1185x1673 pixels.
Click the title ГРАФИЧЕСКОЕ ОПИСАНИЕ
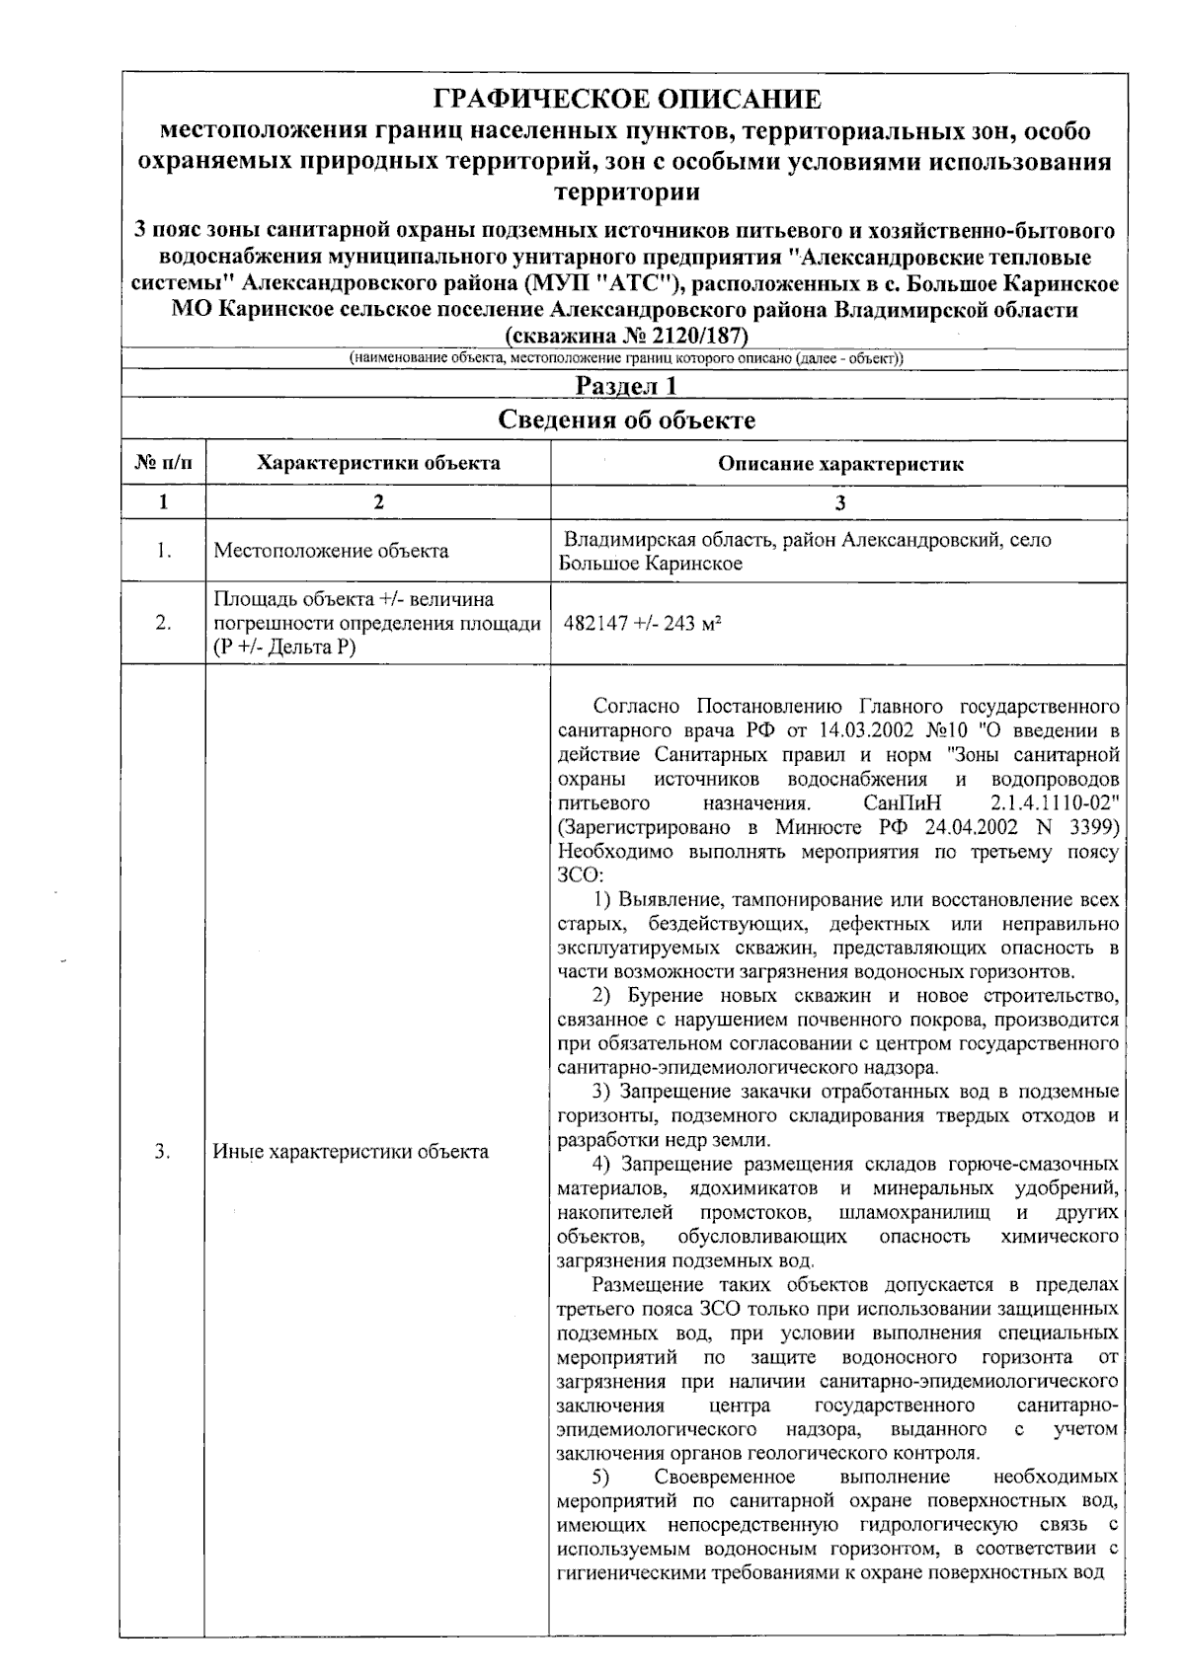click(x=627, y=99)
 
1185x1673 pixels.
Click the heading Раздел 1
click(x=626, y=385)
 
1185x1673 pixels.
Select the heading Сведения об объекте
click(x=626, y=420)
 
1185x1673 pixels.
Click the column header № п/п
click(x=163, y=463)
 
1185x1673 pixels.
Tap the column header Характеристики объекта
click(x=378, y=463)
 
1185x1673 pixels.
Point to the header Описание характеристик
click(x=839, y=464)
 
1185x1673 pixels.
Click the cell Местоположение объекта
click(x=331, y=551)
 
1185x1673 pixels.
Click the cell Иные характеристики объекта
click(x=351, y=1151)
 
